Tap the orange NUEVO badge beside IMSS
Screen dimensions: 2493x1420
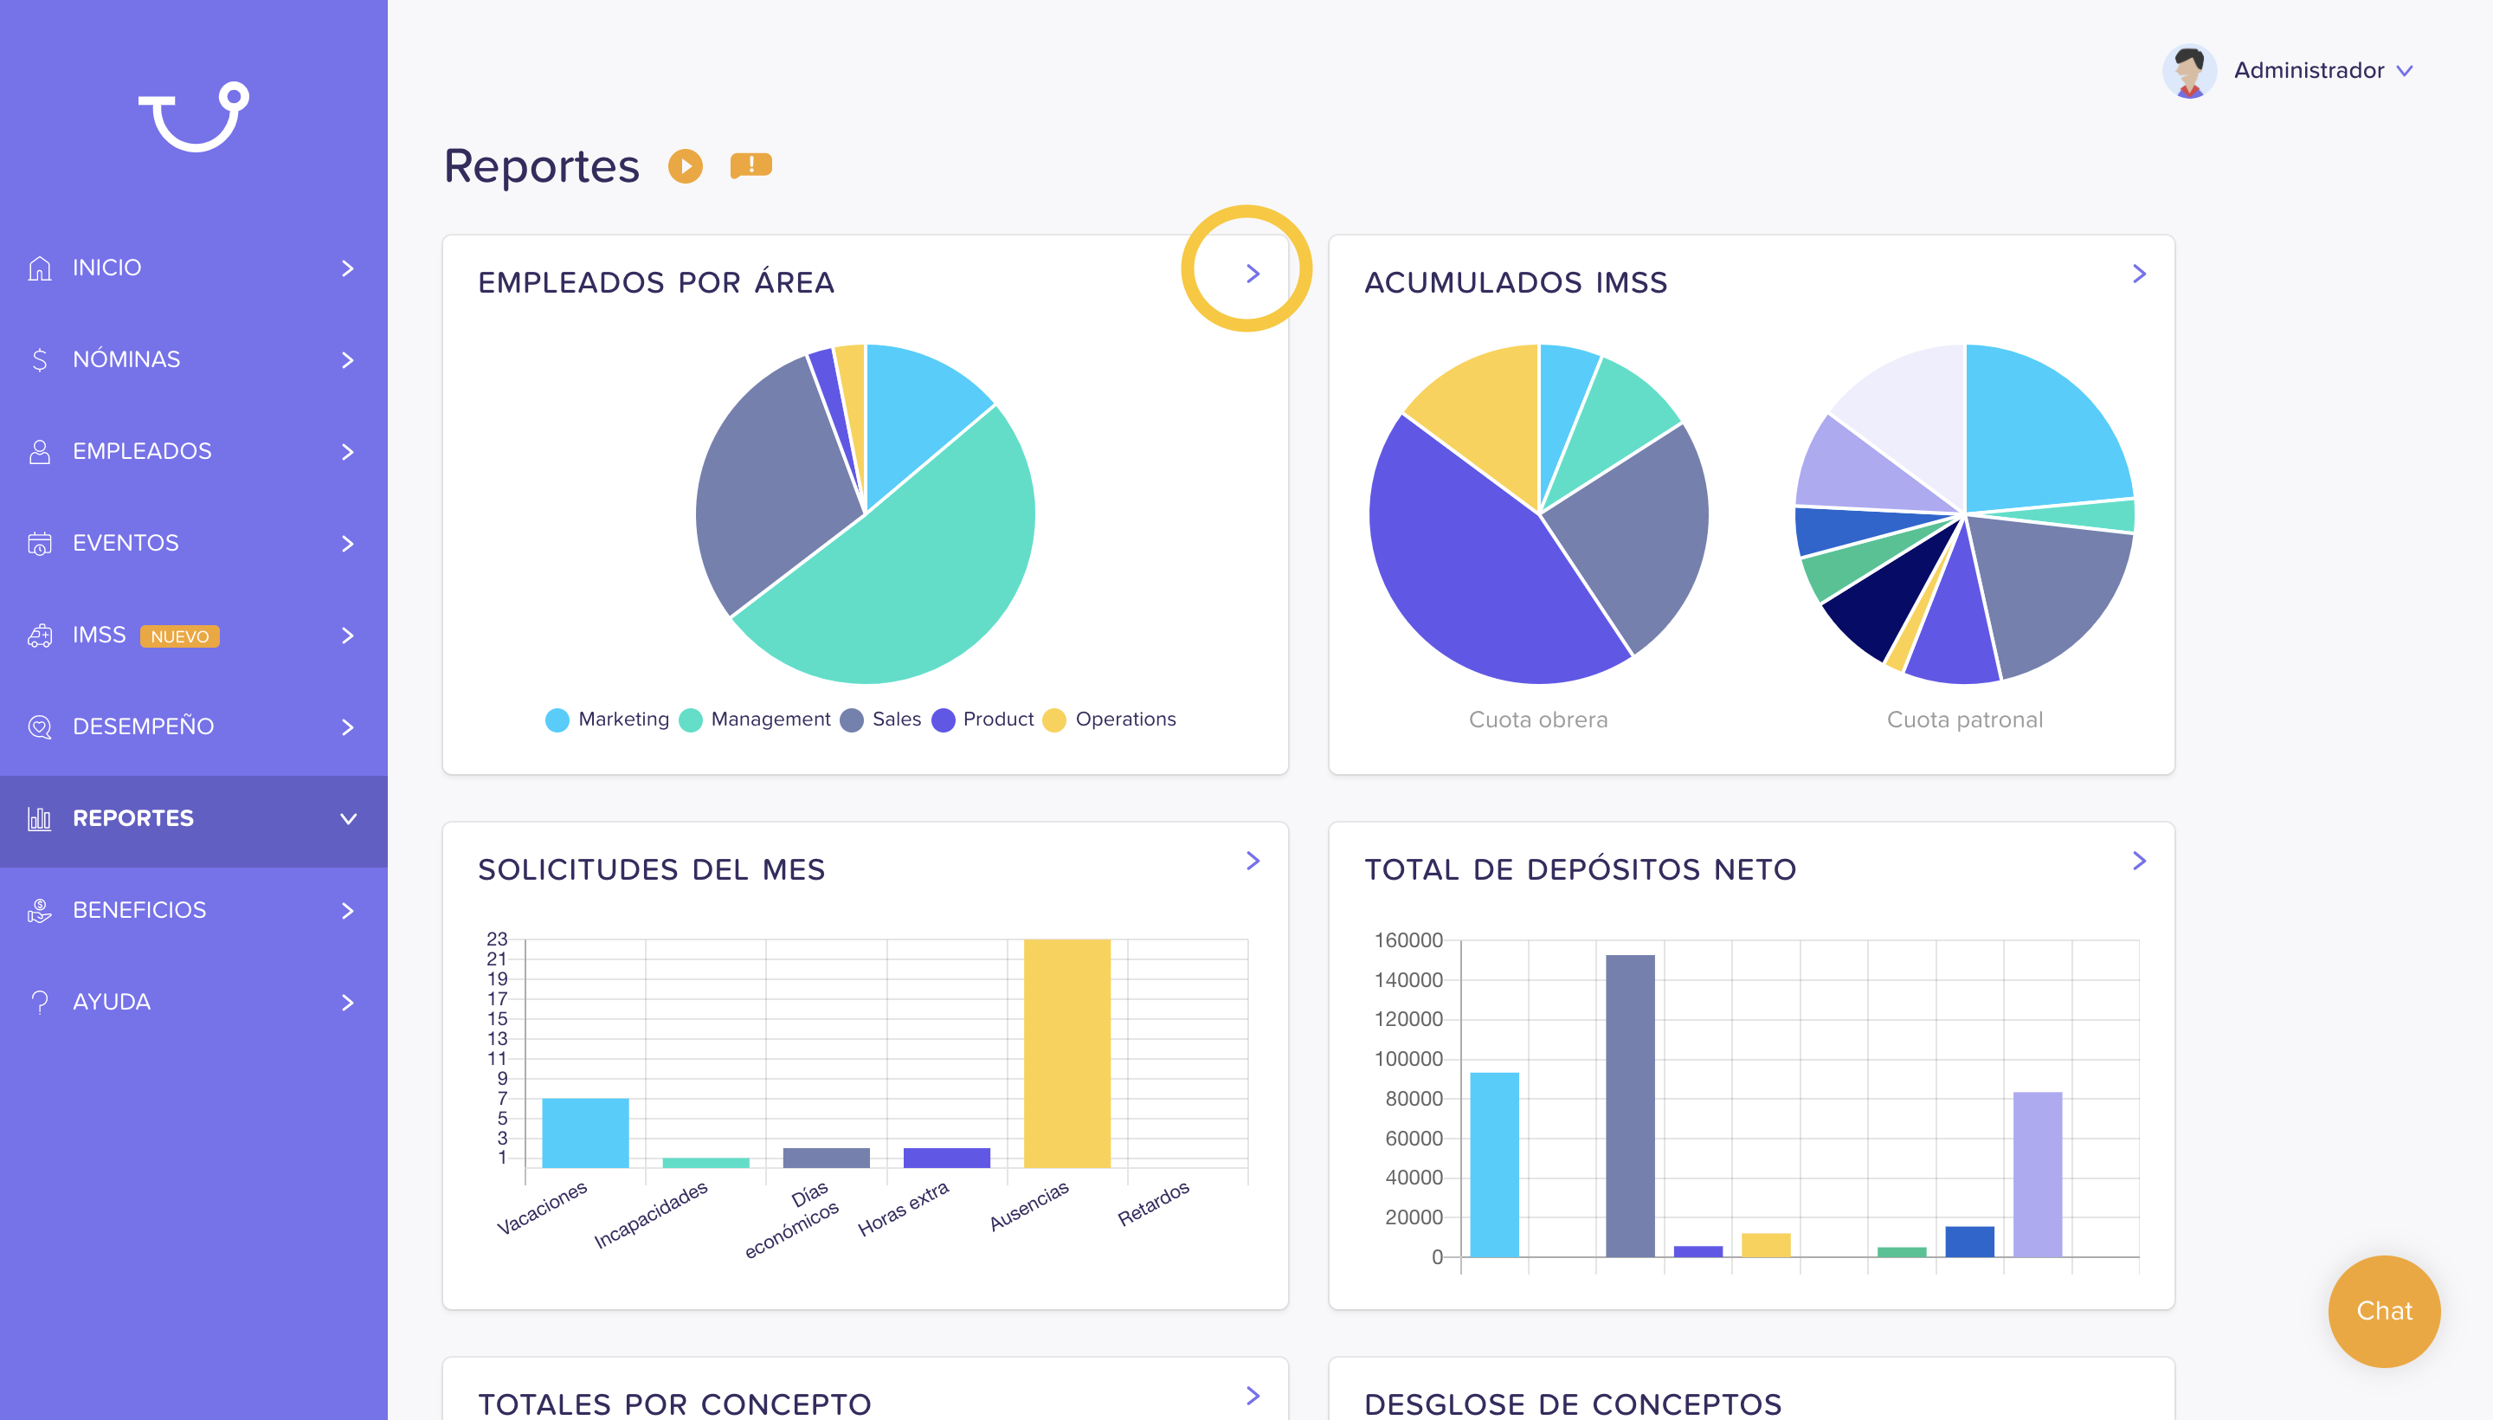tap(179, 636)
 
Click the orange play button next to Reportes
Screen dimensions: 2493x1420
tap(686, 165)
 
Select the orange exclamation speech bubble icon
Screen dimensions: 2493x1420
tap(750, 165)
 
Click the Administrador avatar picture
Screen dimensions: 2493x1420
tap(2189, 70)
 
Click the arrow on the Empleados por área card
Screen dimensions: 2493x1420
tap(1253, 274)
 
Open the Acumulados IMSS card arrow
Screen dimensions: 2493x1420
tap(2139, 274)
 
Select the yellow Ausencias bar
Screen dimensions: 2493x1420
tap(1066, 1053)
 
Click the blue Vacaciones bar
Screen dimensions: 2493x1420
tap(585, 1133)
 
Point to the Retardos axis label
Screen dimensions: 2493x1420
tap(1153, 1204)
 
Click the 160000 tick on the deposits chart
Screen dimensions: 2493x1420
tap(1408, 940)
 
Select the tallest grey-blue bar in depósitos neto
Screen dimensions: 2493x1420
tap(1630, 1106)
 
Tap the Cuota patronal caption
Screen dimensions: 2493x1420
tap(1965, 720)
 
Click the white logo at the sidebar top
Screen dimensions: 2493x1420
tap(194, 116)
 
